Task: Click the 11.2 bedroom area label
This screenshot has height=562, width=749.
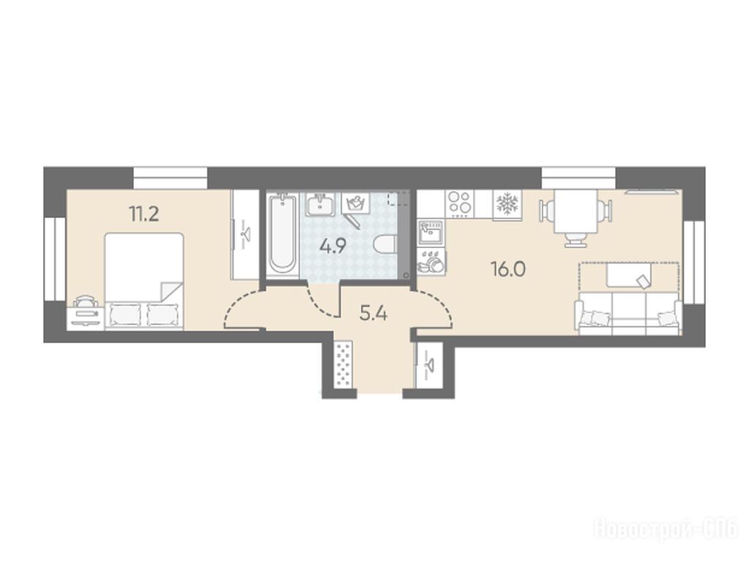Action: coord(144,214)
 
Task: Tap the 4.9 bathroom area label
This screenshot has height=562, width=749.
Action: coord(333,247)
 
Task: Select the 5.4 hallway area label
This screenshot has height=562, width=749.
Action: coord(373,314)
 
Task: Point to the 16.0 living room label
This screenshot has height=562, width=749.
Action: coord(508,270)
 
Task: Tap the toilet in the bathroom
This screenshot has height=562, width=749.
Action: coord(386,244)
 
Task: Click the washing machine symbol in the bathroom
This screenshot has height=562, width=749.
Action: coord(356,203)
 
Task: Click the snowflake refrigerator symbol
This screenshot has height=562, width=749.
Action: coord(507,204)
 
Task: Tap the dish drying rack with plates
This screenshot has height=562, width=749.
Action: coord(431,261)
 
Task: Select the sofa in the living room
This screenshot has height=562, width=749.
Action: coord(629,314)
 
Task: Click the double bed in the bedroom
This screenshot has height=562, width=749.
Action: coord(144,281)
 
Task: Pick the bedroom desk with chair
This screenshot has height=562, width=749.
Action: coord(86,314)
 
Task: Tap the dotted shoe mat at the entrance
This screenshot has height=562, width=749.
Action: coord(343,364)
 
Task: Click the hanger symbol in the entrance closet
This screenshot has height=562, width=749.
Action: coord(428,365)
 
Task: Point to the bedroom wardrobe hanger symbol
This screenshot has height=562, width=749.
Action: coord(245,234)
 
